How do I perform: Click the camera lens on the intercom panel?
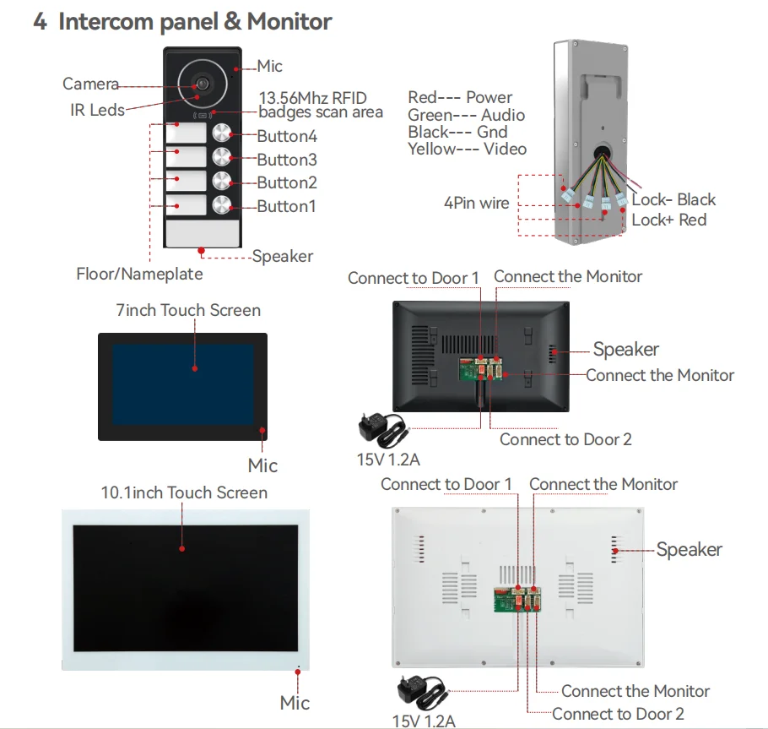click(x=202, y=84)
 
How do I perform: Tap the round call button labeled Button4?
click(x=222, y=133)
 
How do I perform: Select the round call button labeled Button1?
click(x=222, y=204)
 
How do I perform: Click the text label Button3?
click(x=287, y=160)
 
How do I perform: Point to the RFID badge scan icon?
click(x=203, y=114)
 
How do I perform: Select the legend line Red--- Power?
click(x=460, y=98)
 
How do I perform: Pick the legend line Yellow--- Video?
click(x=467, y=149)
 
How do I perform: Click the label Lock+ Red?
click(x=668, y=220)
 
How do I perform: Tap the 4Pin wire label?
click(x=477, y=203)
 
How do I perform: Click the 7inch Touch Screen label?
click(x=188, y=310)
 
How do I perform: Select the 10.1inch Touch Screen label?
click(x=184, y=492)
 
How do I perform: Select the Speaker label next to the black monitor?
click(x=625, y=350)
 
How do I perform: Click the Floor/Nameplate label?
click(x=139, y=274)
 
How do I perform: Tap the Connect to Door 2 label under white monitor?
click(x=618, y=714)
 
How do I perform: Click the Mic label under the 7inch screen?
click(x=262, y=465)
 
